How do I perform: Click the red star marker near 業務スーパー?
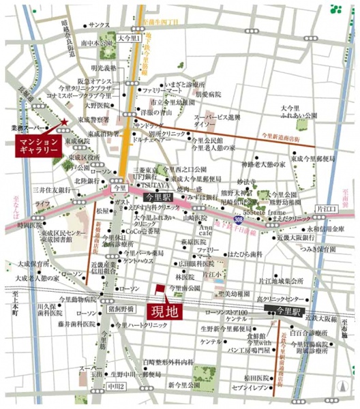[63, 123]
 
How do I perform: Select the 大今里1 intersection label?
[128, 38]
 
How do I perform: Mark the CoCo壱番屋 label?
[138, 231]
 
